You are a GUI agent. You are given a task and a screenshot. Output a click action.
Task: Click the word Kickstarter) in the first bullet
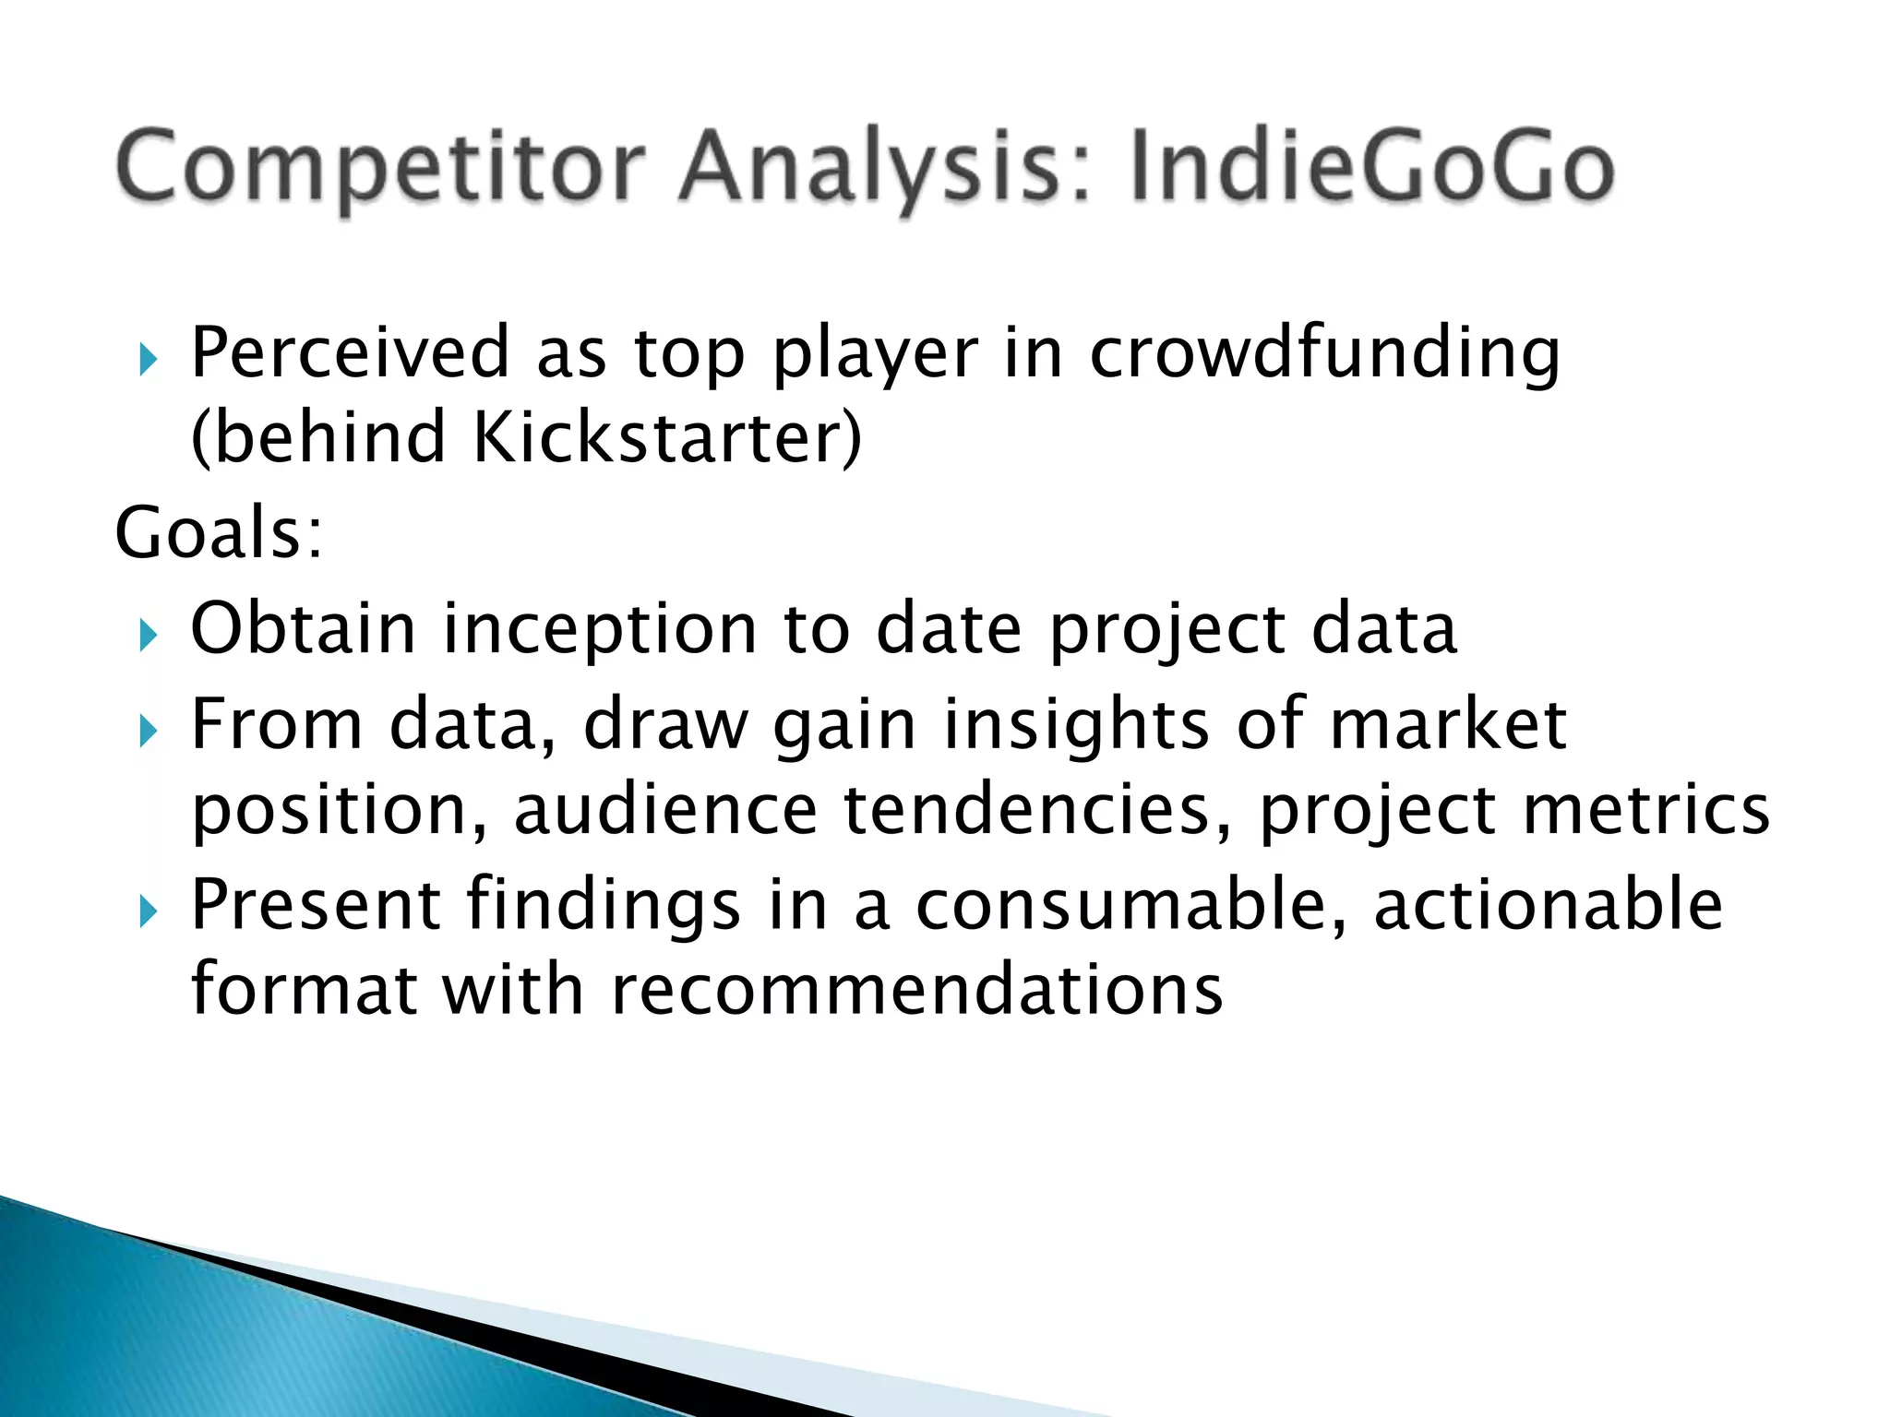[666, 436]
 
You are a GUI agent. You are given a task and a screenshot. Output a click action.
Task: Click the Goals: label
[219, 532]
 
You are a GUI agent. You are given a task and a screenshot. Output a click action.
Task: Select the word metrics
[1646, 810]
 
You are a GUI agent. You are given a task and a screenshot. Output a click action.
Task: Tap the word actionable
[1548, 905]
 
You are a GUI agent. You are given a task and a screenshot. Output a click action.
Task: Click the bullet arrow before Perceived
[149, 360]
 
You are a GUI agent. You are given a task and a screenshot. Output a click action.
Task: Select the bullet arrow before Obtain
[149, 635]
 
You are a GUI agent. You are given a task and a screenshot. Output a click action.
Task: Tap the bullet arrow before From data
[149, 732]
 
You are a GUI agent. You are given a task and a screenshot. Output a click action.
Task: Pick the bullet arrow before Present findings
[149, 911]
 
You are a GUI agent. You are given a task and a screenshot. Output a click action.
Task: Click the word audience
[665, 810]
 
